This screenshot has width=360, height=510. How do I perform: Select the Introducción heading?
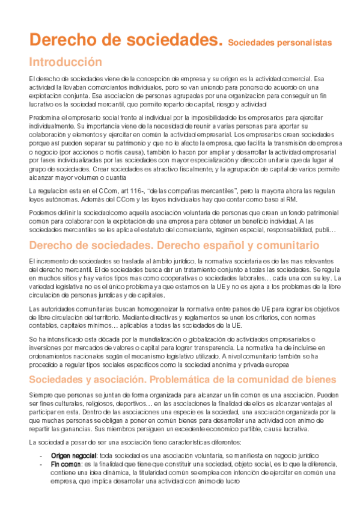coord(66,62)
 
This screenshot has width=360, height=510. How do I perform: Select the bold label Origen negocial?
coord(73,456)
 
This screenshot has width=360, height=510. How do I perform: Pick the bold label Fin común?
coord(66,464)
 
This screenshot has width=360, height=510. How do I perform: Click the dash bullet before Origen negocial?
coord(40,456)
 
